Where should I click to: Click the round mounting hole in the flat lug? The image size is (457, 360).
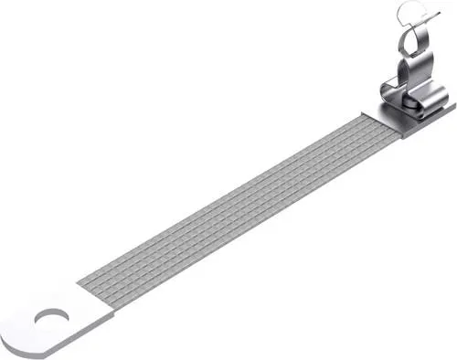coord(45,320)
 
